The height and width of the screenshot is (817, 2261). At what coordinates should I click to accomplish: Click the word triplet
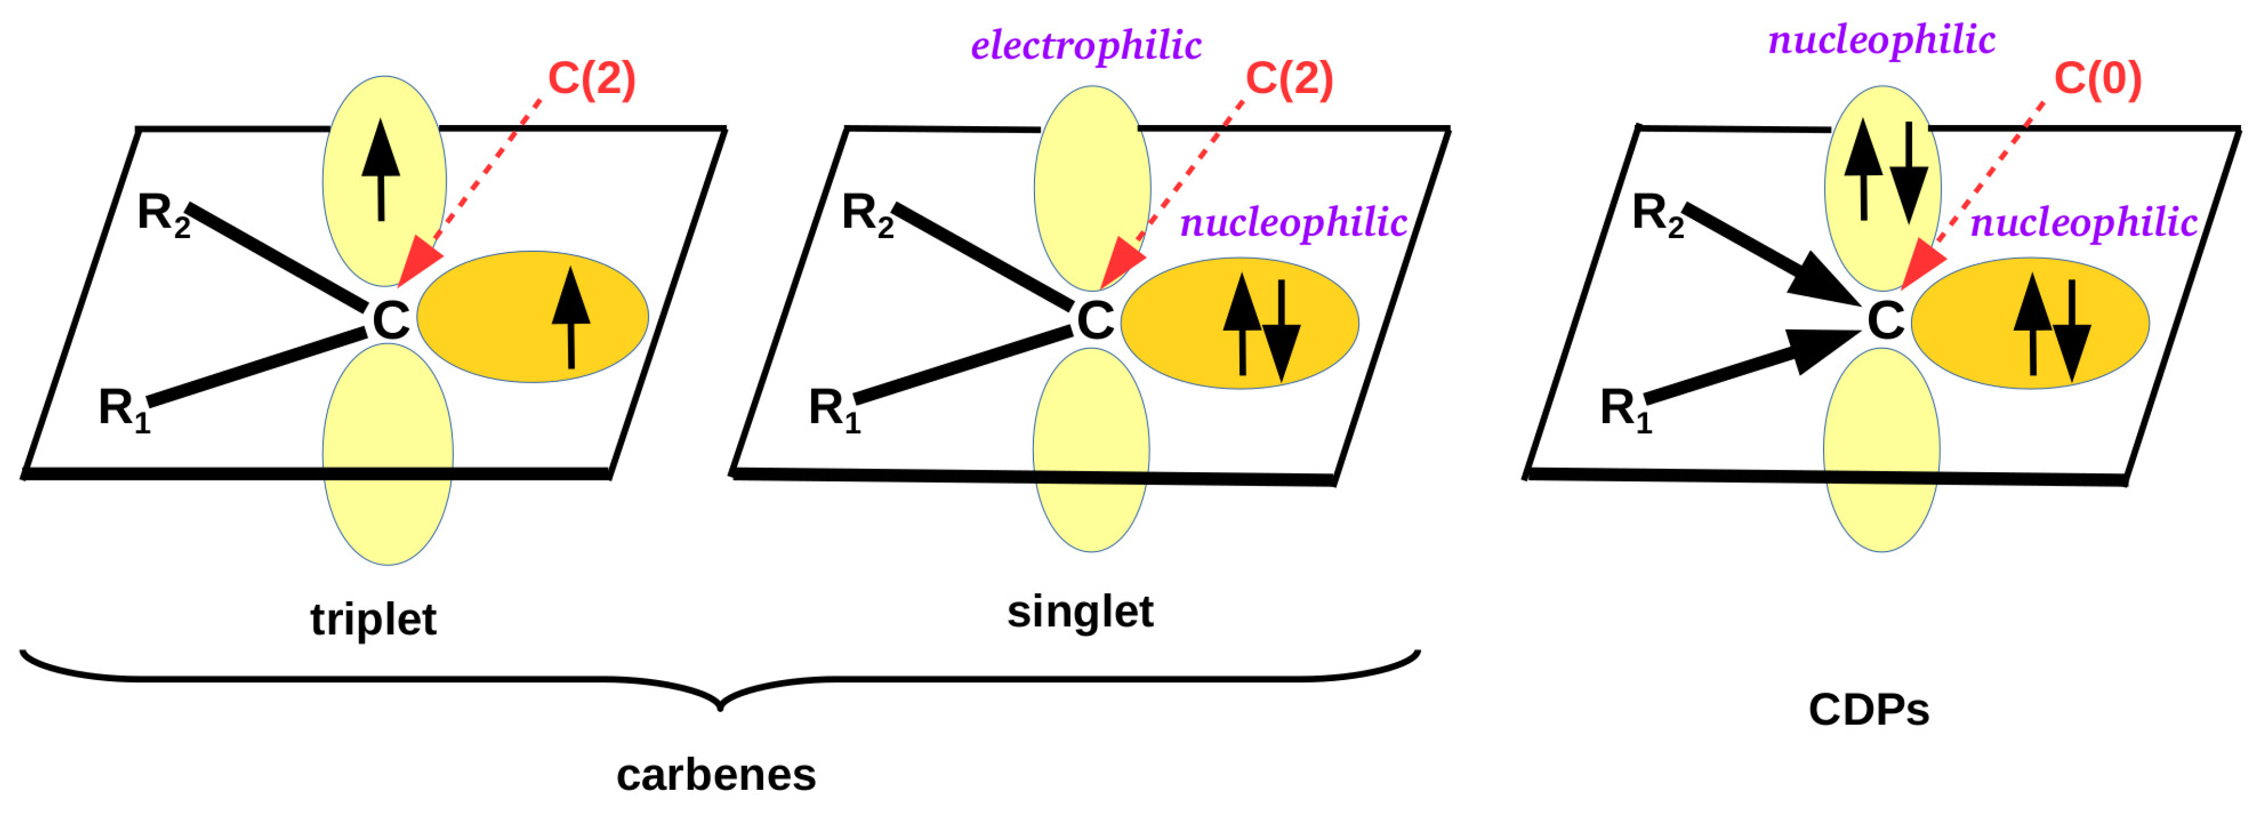[373, 620]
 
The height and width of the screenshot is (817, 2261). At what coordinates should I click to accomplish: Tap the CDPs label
[1869, 710]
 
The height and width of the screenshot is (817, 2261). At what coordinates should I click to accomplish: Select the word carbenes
[716, 775]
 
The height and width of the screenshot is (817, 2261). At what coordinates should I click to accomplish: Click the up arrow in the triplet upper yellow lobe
[381, 170]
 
